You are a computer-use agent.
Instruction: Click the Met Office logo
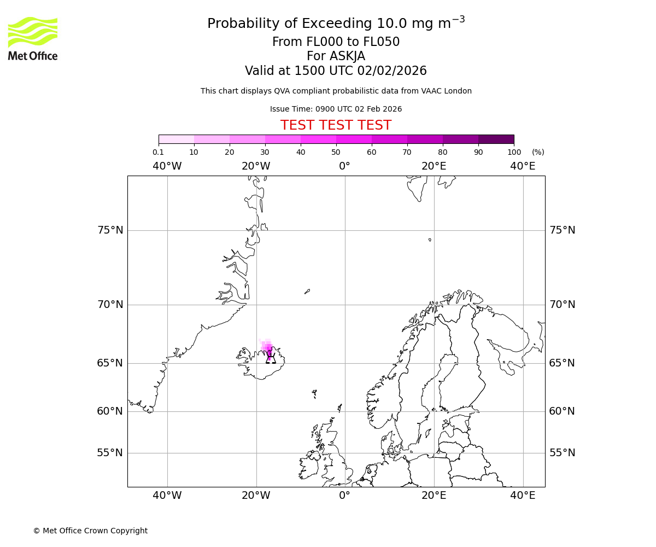(x=33, y=38)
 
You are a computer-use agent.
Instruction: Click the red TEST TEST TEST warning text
(x=336, y=125)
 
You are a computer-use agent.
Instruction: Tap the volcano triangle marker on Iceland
(x=271, y=358)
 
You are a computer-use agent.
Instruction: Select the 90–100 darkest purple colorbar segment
(x=496, y=139)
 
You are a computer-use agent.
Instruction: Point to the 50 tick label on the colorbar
(x=336, y=152)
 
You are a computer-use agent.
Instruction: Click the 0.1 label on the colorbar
(x=158, y=152)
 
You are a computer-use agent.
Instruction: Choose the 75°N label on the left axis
(x=110, y=230)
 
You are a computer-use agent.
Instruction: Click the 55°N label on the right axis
(x=562, y=453)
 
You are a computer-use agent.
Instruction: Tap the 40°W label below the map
(x=167, y=496)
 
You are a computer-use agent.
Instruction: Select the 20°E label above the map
(x=434, y=166)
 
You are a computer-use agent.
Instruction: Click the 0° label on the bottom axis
(x=344, y=496)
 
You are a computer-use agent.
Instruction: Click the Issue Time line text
(x=336, y=109)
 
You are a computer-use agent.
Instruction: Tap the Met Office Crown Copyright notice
(x=90, y=531)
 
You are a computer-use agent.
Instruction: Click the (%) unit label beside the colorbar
(x=538, y=152)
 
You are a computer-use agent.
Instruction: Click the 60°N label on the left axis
(x=110, y=411)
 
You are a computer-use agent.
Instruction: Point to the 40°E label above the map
(x=523, y=166)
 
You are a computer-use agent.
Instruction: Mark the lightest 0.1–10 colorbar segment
(x=176, y=139)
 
